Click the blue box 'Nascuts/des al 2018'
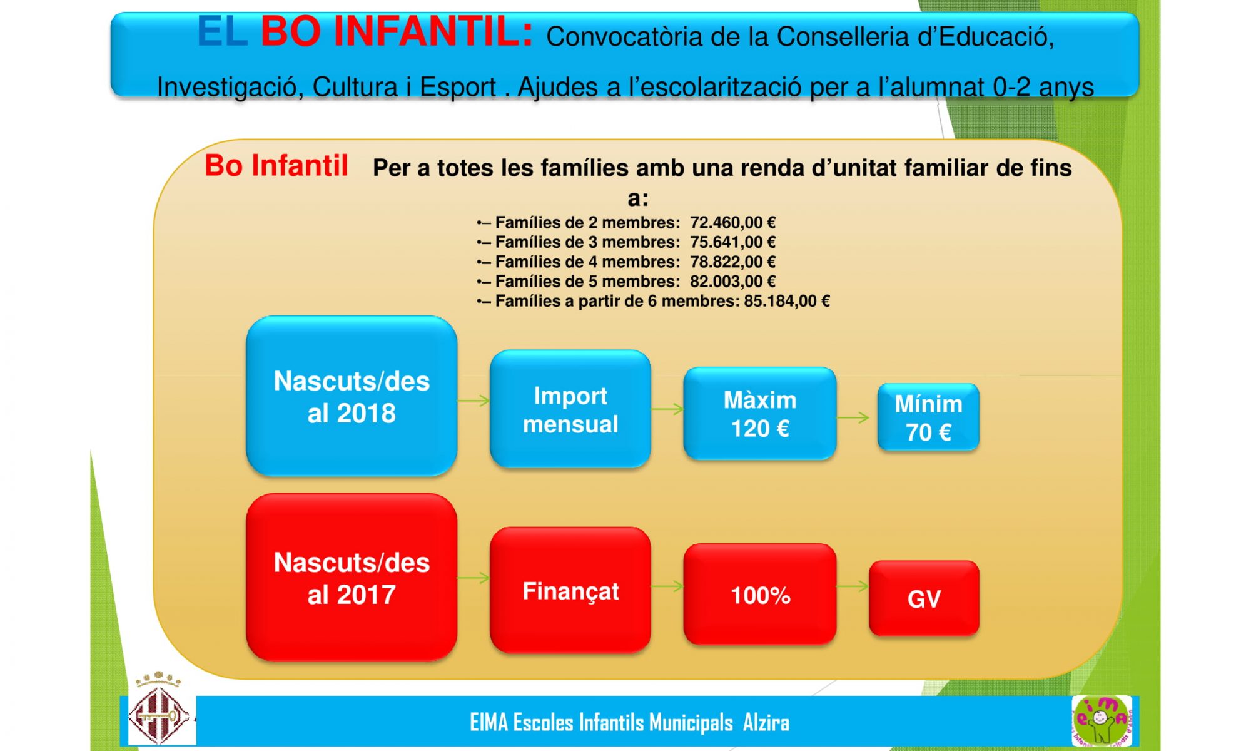(x=352, y=396)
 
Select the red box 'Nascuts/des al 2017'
(x=352, y=577)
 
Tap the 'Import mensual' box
(x=570, y=409)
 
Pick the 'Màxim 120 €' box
(x=760, y=414)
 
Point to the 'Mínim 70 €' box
(x=928, y=417)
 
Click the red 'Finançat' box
(x=570, y=590)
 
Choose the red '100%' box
(x=760, y=594)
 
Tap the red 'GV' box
(x=924, y=598)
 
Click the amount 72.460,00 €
(x=732, y=222)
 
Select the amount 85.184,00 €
(x=787, y=301)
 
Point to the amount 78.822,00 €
(x=732, y=262)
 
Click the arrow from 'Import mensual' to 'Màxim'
(x=667, y=409)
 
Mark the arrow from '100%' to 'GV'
(x=853, y=586)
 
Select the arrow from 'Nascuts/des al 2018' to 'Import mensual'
(x=474, y=401)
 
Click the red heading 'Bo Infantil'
(x=276, y=166)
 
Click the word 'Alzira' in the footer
(x=766, y=723)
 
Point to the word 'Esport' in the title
(x=457, y=87)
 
